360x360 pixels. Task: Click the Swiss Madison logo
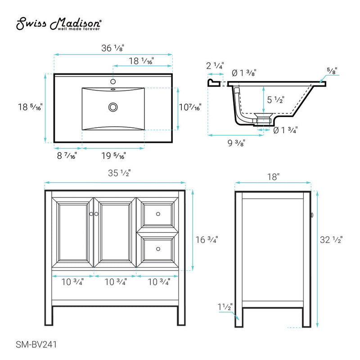pos(58,24)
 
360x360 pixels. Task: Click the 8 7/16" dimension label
pos(67,156)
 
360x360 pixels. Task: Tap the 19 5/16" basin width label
pos(113,156)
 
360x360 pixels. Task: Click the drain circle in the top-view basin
pos(113,107)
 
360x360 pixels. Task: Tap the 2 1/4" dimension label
pos(215,66)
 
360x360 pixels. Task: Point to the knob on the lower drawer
pos(158,248)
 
